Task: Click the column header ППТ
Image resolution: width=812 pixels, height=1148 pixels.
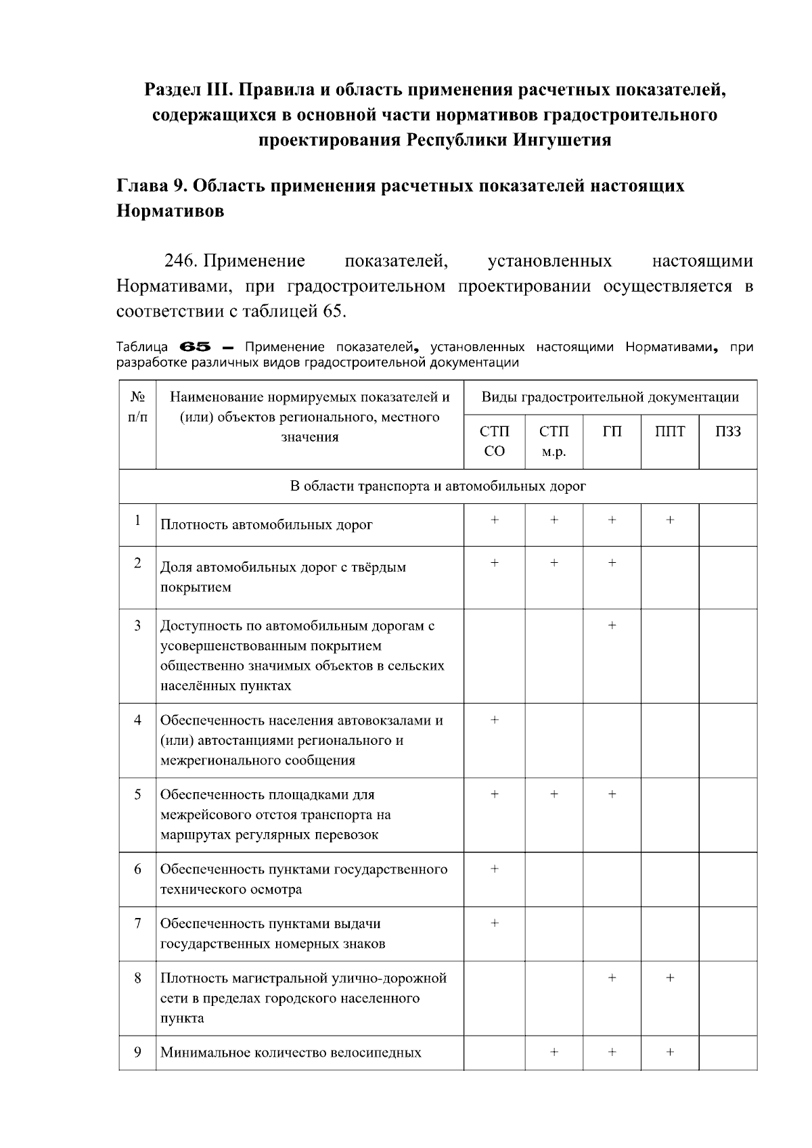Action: [x=669, y=432]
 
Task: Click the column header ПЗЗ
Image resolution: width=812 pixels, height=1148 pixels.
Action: [x=727, y=432]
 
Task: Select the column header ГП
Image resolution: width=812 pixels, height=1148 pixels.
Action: [x=612, y=432]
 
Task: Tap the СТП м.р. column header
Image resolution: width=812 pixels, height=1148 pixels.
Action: [x=554, y=441]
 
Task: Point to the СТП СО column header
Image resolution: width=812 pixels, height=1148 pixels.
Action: [x=495, y=441]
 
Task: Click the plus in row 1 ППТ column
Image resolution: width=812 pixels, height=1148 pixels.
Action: [x=670, y=520]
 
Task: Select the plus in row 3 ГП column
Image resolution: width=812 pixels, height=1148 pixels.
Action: [x=612, y=625]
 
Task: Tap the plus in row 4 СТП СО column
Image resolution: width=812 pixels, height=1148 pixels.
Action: [x=495, y=720]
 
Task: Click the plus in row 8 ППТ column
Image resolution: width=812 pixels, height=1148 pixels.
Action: [x=670, y=978]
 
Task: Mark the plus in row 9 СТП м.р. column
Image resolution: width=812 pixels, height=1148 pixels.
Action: [x=554, y=1052]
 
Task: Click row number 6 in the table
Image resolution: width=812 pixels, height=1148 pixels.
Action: [x=137, y=869]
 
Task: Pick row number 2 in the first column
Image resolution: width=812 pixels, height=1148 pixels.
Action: [x=137, y=563]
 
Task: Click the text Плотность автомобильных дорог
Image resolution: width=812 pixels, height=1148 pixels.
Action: [x=266, y=525]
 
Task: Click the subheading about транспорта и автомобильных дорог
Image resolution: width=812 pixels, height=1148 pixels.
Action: [x=437, y=486]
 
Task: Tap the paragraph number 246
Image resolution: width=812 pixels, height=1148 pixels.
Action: [x=180, y=261]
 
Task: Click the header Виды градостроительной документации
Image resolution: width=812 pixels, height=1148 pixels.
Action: [x=610, y=397]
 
